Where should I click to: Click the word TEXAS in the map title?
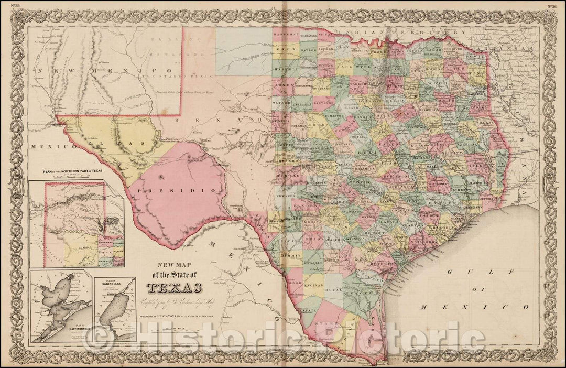[x=176, y=288]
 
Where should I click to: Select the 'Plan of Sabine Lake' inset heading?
[x=114, y=284]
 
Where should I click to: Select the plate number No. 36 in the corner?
[x=551, y=6]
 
